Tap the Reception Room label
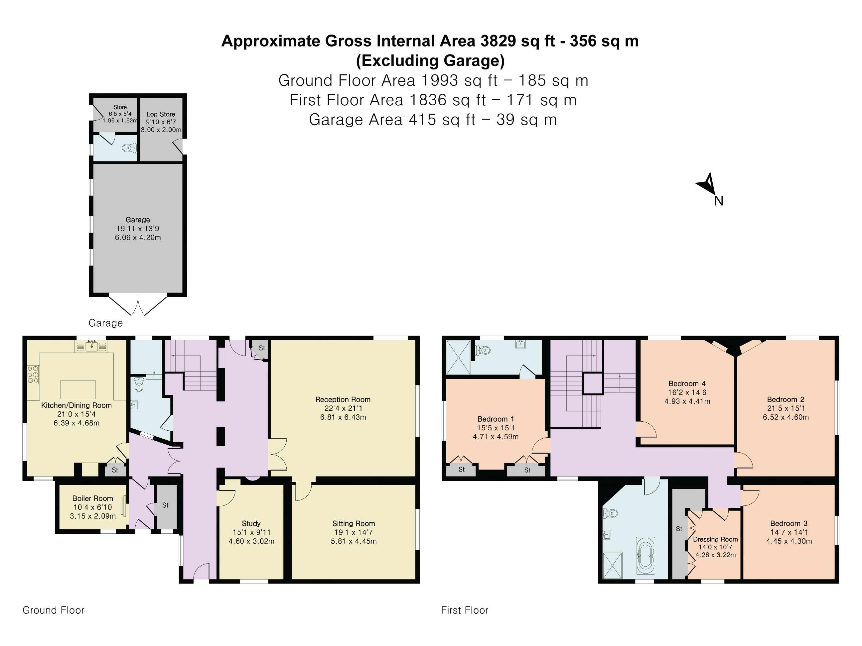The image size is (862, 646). [x=343, y=399]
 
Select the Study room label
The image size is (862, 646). [x=251, y=523]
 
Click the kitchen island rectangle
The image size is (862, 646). [x=78, y=389]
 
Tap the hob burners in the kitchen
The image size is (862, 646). [x=33, y=374]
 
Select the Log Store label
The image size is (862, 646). [x=161, y=114]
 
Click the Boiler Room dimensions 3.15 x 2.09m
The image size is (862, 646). [x=93, y=516]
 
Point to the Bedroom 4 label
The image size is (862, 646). [x=687, y=383]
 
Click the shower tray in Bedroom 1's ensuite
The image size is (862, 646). [x=458, y=357]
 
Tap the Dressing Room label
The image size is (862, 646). [x=715, y=539]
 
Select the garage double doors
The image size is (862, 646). [x=138, y=306]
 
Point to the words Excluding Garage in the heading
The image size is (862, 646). [x=430, y=61]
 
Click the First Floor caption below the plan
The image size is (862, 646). [x=465, y=610]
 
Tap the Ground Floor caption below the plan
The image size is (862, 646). [x=54, y=610]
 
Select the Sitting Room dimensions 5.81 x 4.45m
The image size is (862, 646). [x=354, y=541]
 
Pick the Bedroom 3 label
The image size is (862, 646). [x=789, y=523]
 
